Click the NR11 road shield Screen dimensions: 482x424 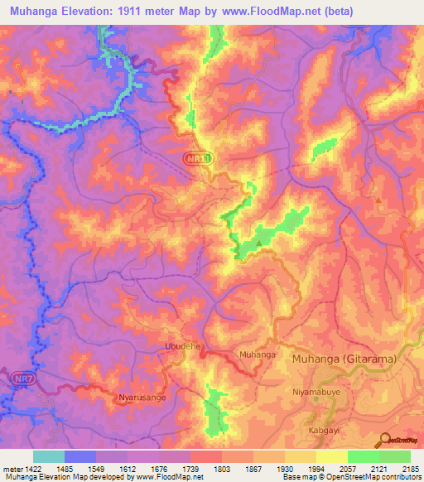(198, 157)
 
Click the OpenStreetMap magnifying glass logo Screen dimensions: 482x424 (385, 439)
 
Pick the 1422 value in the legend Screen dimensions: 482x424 (32, 469)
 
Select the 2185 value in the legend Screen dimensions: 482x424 (410, 469)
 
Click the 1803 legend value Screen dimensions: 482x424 (222, 469)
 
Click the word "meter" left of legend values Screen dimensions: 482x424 (12, 469)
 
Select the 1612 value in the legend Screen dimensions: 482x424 (128, 469)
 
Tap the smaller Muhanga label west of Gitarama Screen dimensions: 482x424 (257, 354)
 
